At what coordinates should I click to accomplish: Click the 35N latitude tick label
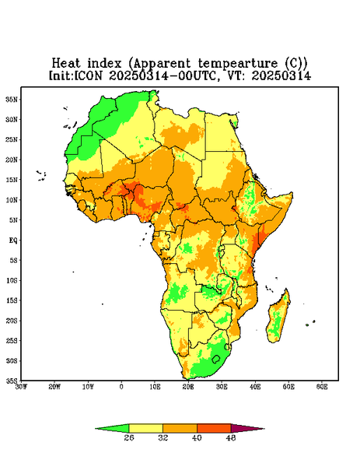click(12, 99)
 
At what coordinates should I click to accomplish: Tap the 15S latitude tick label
click(12, 300)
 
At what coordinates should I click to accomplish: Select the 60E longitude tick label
click(322, 387)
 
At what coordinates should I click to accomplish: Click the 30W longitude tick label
click(22, 387)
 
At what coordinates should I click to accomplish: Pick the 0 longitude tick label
click(121, 387)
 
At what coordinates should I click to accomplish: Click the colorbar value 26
click(129, 437)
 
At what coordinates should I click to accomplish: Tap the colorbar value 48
click(231, 437)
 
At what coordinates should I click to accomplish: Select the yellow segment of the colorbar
click(145, 428)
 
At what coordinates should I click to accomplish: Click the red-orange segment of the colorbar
click(214, 428)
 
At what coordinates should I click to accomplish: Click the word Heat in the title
click(66, 64)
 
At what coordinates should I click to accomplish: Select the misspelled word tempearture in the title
click(238, 64)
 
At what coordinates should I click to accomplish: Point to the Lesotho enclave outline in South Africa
click(216, 359)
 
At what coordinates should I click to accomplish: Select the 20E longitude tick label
click(188, 387)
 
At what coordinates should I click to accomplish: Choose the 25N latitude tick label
click(12, 139)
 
